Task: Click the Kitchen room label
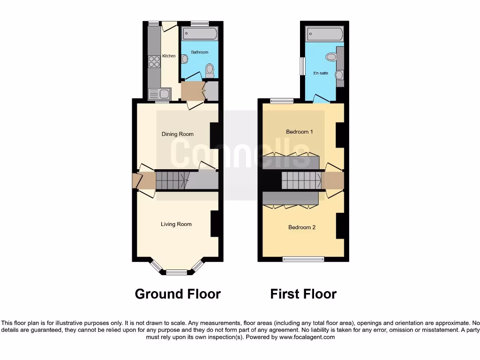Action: tap(169, 56)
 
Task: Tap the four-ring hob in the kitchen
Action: tap(154, 62)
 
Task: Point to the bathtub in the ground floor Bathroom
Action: tap(200, 34)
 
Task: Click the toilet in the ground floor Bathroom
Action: tap(210, 71)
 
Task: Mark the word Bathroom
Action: tap(199, 52)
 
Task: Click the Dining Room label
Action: tap(178, 134)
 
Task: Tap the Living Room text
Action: tap(176, 224)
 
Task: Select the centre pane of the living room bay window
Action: tap(176, 272)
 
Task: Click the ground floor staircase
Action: tap(171, 180)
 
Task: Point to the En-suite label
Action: tap(321, 73)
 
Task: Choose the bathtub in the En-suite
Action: tap(325, 34)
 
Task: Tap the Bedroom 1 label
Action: tap(300, 132)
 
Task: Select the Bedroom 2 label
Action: tap(302, 227)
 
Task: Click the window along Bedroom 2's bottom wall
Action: tap(303, 259)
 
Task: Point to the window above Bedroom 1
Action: tap(282, 101)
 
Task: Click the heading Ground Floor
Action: tap(178, 294)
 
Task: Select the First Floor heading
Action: tap(303, 294)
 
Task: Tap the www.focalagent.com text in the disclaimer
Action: tap(307, 337)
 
